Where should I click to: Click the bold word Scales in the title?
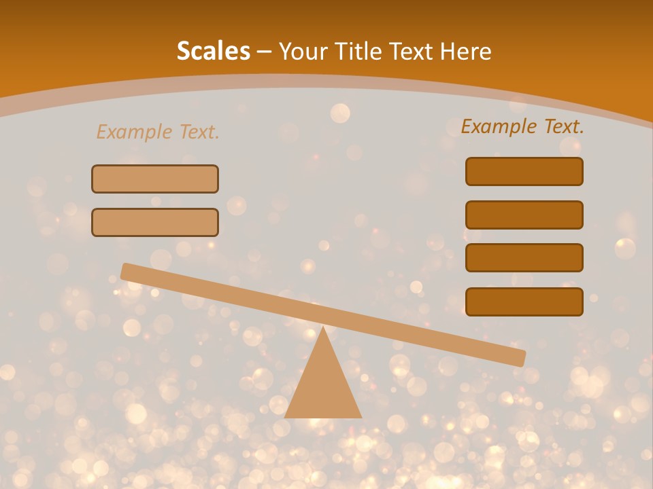[x=213, y=51]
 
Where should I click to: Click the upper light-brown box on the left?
[x=155, y=179]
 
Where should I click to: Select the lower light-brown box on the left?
[x=155, y=222]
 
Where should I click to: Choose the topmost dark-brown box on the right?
[x=524, y=171]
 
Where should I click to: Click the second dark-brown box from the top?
[x=524, y=215]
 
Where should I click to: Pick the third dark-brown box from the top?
[x=524, y=257]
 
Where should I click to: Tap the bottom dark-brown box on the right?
[x=524, y=302]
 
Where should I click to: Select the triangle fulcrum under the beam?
[x=323, y=387]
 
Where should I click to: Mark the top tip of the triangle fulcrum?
[x=323, y=328]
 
